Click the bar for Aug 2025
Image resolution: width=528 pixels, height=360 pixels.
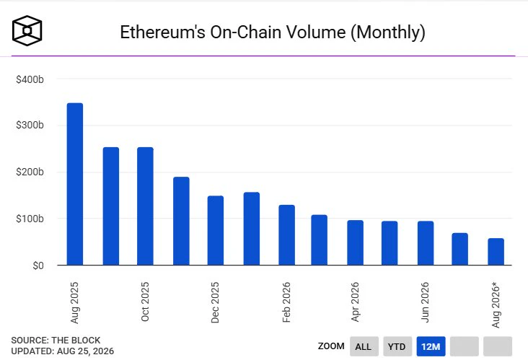pyautogui.click(x=75, y=184)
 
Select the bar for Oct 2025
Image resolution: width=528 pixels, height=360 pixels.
pyautogui.click(x=145, y=206)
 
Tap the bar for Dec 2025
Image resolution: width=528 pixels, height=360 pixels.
pyautogui.click(x=216, y=230)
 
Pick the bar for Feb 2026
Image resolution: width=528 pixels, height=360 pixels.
pyautogui.click(x=286, y=235)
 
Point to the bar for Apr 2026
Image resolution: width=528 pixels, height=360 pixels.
pyautogui.click(x=356, y=243)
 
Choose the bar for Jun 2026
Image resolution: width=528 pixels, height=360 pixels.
pyautogui.click(x=426, y=243)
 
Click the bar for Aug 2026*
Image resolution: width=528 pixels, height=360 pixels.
pyautogui.click(x=496, y=252)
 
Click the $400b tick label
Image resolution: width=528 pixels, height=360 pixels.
pyautogui.click(x=30, y=79)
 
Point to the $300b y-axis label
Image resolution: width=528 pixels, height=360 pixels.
pyautogui.click(x=30, y=125)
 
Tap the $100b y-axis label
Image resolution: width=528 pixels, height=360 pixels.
pyautogui.click(x=30, y=219)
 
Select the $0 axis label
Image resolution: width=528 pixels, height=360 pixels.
pyautogui.click(x=38, y=265)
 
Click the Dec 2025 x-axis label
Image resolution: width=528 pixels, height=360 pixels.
pyautogui.click(x=215, y=302)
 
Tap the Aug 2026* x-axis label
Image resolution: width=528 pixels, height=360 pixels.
pyautogui.click(x=496, y=304)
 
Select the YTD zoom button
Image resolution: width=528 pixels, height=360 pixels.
pyautogui.click(x=397, y=346)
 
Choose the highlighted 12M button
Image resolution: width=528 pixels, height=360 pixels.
pyautogui.click(x=431, y=346)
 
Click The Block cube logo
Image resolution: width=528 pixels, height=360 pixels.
pyautogui.click(x=27, y=30)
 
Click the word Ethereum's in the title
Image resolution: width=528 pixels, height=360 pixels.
pyautogui.click(x=162, y=32)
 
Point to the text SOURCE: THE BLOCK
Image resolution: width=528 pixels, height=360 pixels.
pyautogui.click(x=56, y=340)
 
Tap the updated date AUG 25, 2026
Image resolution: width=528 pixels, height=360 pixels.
pyautogui.click(x=86, y=351)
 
